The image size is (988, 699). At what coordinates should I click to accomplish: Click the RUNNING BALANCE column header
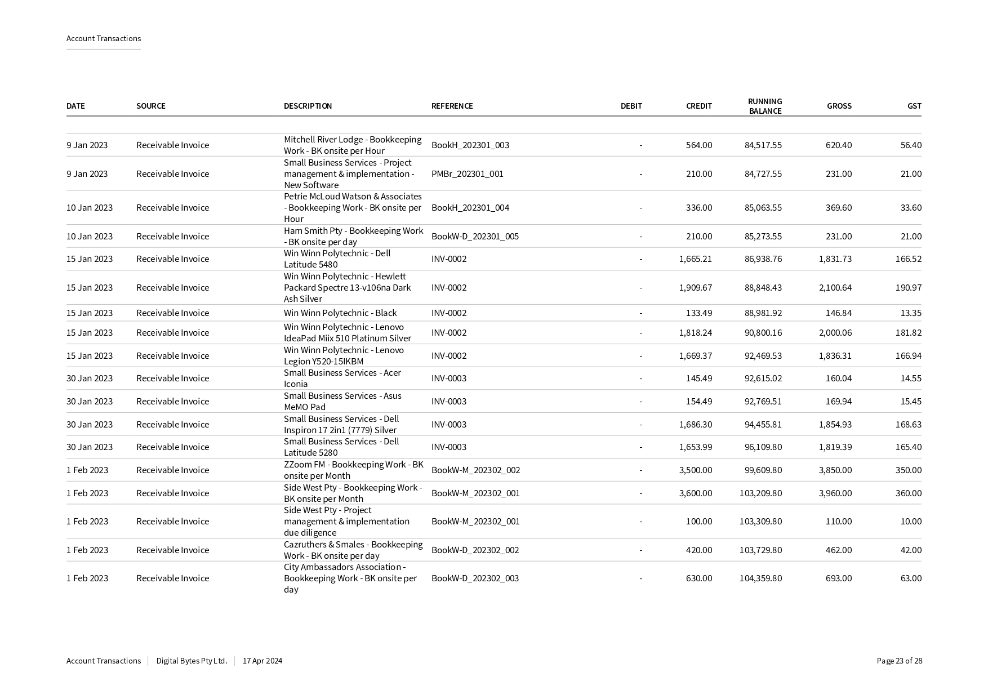click(764, 106)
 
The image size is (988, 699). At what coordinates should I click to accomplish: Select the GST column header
click(914, 106)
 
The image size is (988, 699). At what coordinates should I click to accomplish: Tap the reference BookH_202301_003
click(470, 145)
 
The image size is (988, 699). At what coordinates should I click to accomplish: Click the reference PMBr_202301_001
click(467, 174)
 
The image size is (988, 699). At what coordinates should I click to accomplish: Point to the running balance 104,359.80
click(760, 578)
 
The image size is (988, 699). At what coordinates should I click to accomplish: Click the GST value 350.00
click(908, 470)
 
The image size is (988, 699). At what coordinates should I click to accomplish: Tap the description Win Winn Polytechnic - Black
click(340, 313)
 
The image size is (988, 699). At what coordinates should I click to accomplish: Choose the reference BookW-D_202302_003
click(475, 578)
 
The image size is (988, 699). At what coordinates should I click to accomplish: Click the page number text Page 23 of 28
click(899, 661)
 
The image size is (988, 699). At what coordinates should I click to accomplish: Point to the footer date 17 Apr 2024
click(262, 661)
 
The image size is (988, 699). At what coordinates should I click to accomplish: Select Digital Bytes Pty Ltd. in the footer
click(192, 661)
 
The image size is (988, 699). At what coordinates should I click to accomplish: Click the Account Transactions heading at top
click(104, 38)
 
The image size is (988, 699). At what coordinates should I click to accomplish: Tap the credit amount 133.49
click(698, 313)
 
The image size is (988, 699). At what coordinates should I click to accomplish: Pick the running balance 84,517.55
click(763, 145)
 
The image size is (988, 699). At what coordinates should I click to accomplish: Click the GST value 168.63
click(908, 425)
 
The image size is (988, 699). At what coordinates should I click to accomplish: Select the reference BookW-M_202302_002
click(475, 470)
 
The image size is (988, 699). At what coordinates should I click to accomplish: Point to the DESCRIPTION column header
click(308, 106)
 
